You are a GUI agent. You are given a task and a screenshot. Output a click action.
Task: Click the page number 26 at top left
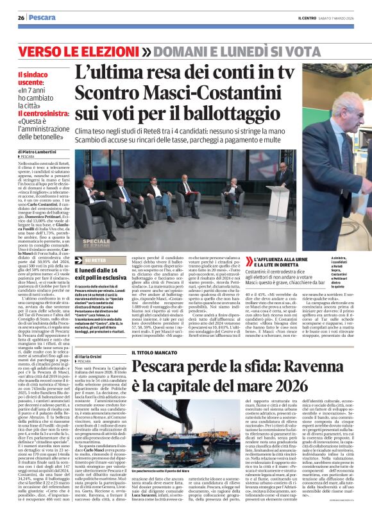21,17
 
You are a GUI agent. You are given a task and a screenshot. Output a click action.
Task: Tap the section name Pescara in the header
40,17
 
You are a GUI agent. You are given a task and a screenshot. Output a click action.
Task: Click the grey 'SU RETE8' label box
89,260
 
